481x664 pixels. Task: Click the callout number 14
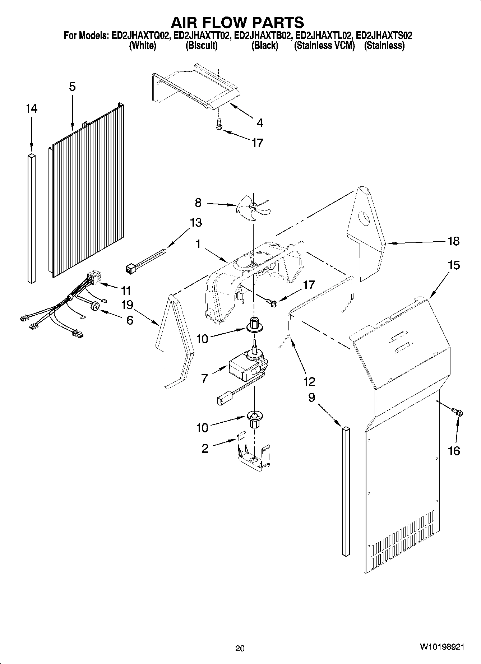pyautogui.click(x=31, y=109)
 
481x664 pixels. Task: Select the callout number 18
pyautogui.click(x=454, y=241)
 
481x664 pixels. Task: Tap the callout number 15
pyautogui.click(x=454, y=266)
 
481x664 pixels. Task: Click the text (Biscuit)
pyautogui.click(x=202, y=46)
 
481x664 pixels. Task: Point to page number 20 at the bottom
pyautogui.click(x=240, y=648)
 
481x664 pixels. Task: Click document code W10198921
pyautogui.click(x=441, y=647)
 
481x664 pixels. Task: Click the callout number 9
pyautogui.click(x=311, y=398)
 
